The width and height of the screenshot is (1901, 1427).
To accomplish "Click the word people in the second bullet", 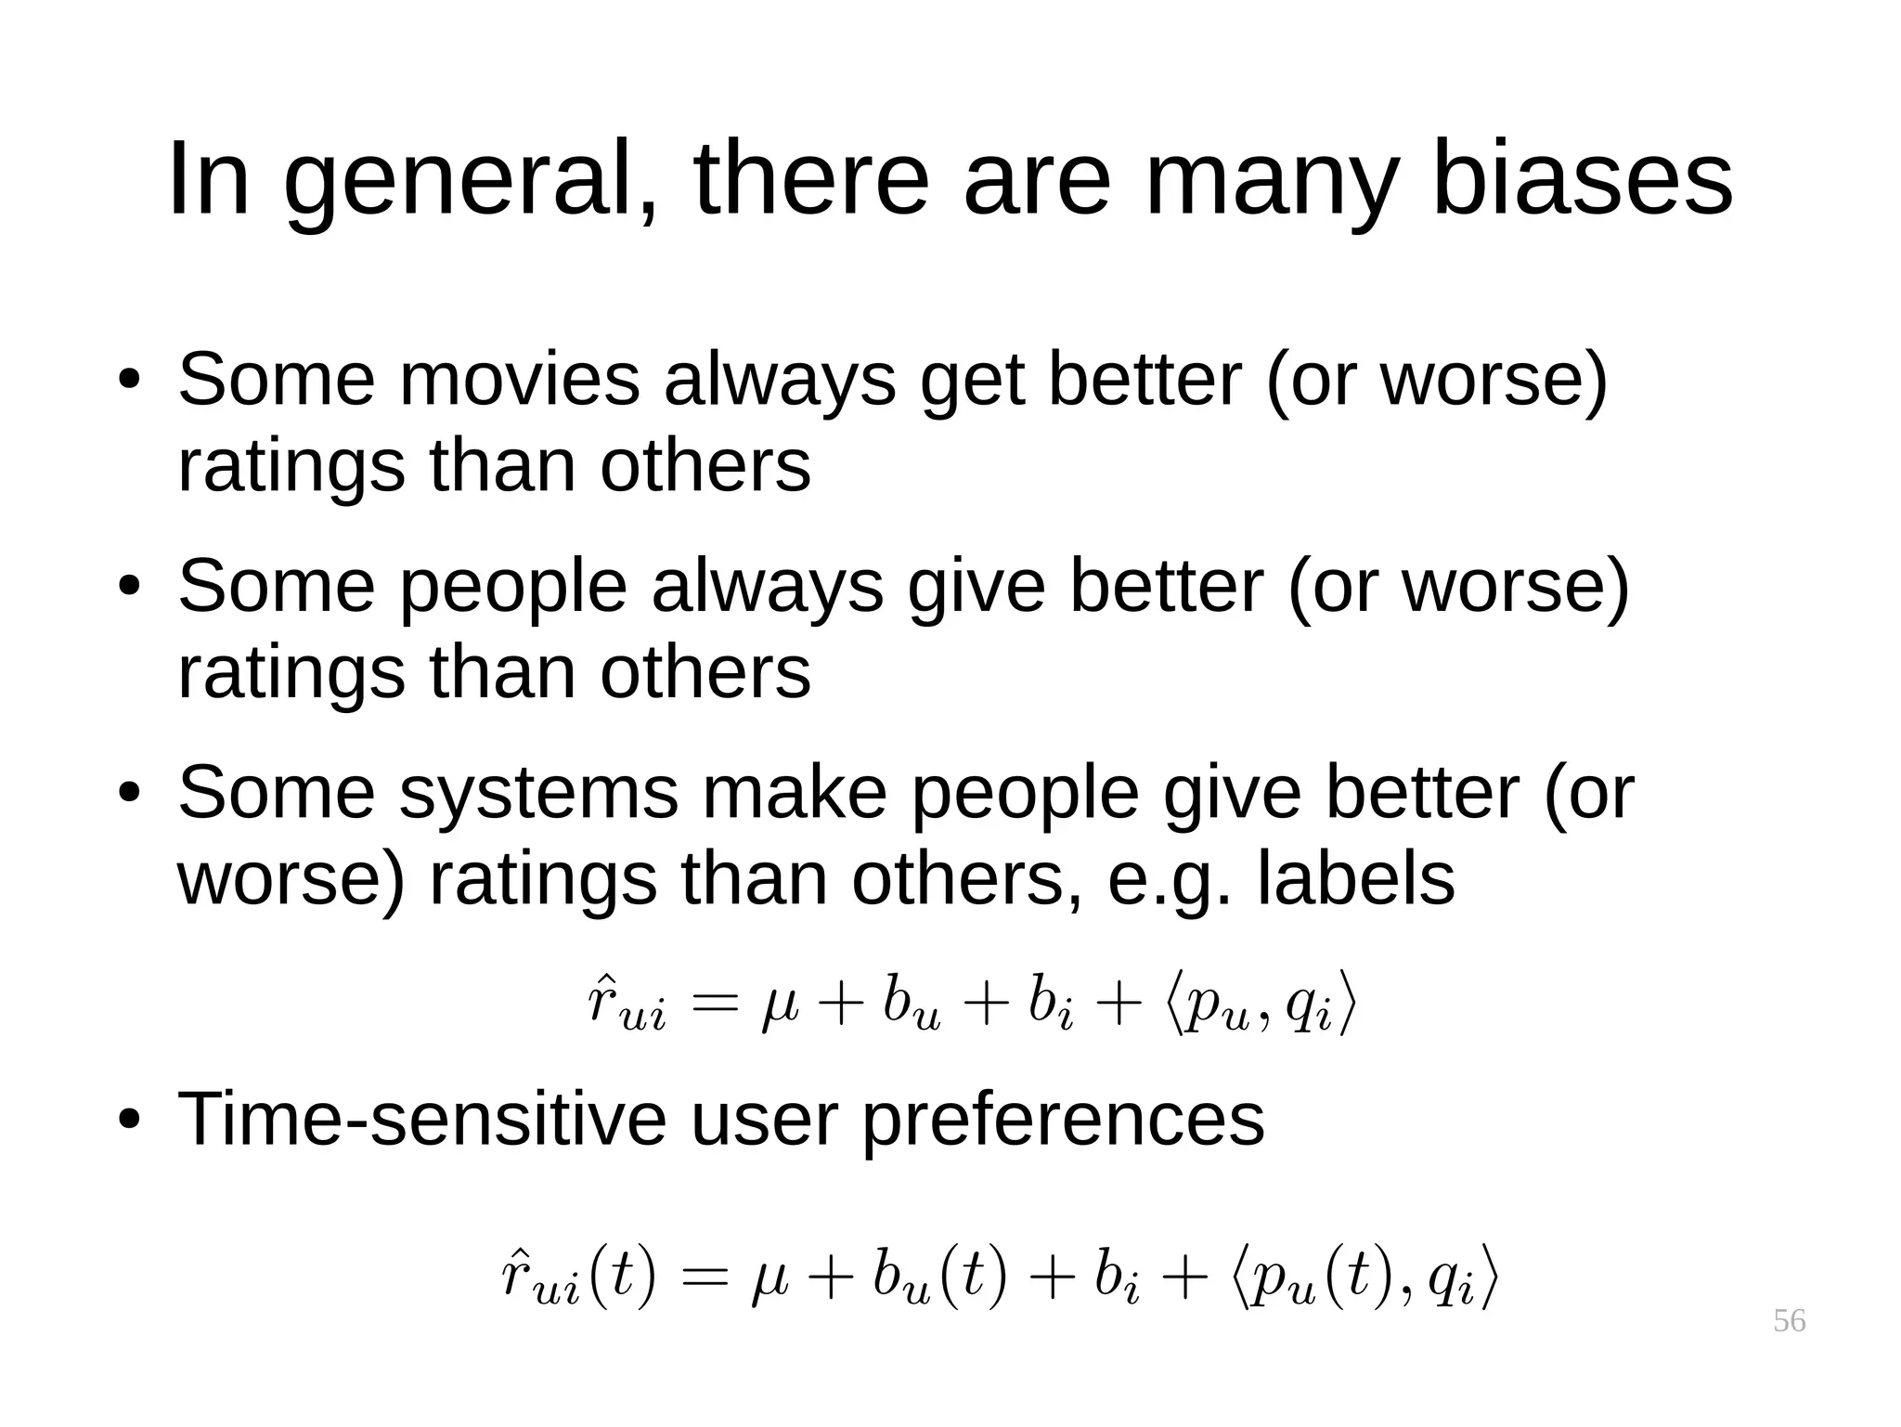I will tap(513, 587).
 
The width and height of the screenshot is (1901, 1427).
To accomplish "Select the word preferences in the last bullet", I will tap(1063, 1120).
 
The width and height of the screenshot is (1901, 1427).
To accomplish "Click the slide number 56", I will tap(1789, 1320).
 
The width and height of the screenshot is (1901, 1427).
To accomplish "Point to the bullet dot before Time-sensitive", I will tap(129, 1121).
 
